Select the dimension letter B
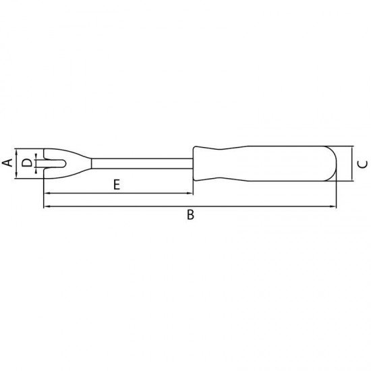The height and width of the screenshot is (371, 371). click(x=190, y=215)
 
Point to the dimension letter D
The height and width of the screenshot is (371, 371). click(x=26, y=163)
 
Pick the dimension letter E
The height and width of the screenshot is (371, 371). click(x=117, y=184)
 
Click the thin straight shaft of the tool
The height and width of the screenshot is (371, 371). click(x=142, y=163)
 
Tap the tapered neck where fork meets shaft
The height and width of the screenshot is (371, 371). click(x=78, y=163)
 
